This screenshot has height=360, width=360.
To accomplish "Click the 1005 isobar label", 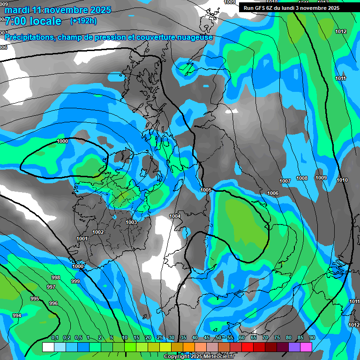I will pos(206,190).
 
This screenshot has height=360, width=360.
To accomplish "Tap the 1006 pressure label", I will pos(273,193).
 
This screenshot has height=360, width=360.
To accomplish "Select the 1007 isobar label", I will pos(285,181).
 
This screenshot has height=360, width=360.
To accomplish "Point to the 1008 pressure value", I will pos(302,178).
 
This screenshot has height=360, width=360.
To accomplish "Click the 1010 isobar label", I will pos(342,180).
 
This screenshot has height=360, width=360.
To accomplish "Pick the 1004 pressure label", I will pos(175,216).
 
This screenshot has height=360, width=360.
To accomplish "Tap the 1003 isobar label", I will pos(131,222).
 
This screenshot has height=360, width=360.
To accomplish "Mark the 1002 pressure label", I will pos(98,232).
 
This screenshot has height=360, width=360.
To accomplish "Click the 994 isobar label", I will pos(17,315).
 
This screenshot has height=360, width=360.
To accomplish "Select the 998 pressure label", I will pos(56,277).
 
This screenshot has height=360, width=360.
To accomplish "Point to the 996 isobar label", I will pos(53,303).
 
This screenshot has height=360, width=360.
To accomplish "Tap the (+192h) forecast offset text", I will pos(83,21).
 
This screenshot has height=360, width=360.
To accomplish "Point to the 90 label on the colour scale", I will pos(312,338).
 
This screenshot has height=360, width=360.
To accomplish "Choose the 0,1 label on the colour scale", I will pos(55,338).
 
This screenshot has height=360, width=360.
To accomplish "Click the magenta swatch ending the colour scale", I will pos(306,347).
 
